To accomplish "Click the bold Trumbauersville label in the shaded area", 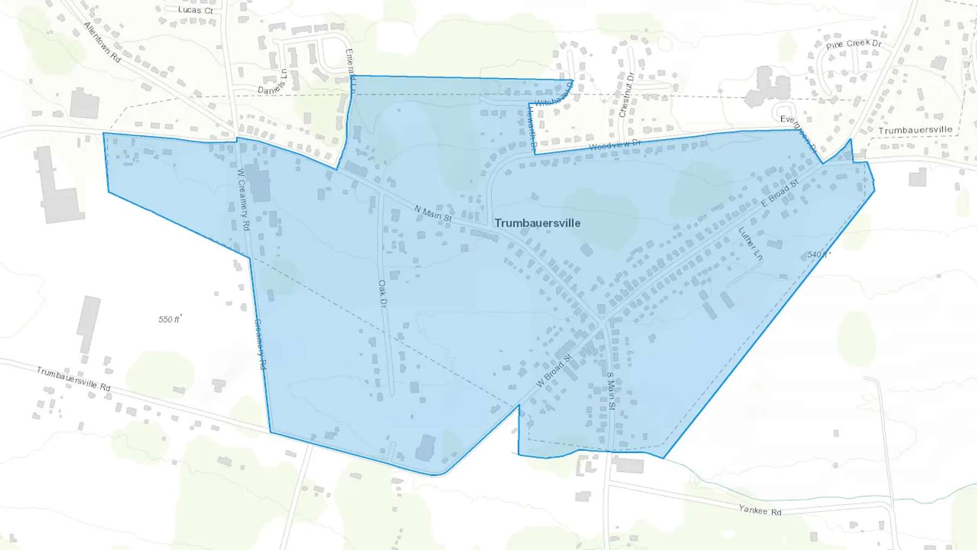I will pos(537,223).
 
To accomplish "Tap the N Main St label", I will pos(433,213).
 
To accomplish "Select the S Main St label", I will pos(611,390).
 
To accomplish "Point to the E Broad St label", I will pos(779,193).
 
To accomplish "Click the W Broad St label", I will pos(554,371).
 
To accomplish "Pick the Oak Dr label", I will pos(383,293).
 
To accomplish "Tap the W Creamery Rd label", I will pos(244,199).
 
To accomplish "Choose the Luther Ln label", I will pos(751,243).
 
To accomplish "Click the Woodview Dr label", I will pos(615,145).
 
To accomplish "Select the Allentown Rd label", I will pos(102,42).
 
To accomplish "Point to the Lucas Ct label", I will pos(195,10).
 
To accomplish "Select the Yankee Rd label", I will pos(760,510).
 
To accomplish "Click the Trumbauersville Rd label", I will pos(73,378).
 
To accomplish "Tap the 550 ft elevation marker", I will pos(169,319).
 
